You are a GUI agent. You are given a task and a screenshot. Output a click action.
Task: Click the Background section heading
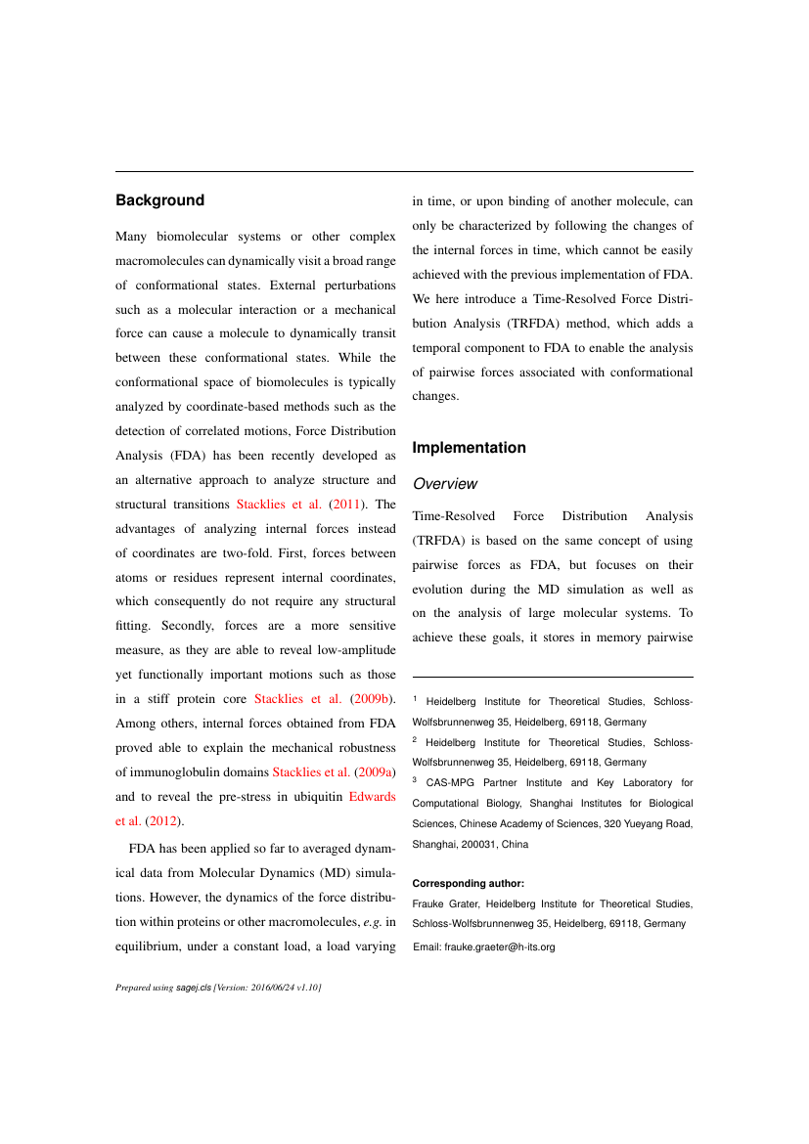(159, 200)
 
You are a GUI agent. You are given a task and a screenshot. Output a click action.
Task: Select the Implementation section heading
(469, 448)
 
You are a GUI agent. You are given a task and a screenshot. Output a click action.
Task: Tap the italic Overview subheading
(445, 484)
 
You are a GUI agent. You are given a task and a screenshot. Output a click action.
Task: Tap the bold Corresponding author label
(469, 883)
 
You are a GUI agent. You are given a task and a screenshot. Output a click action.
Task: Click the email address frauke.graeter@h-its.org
(499, 946)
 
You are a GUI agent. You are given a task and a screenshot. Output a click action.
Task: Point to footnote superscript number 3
(415, 780)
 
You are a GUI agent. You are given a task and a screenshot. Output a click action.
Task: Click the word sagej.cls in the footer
(194, 989)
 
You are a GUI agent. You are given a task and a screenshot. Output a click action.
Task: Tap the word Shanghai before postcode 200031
(432, 844)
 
